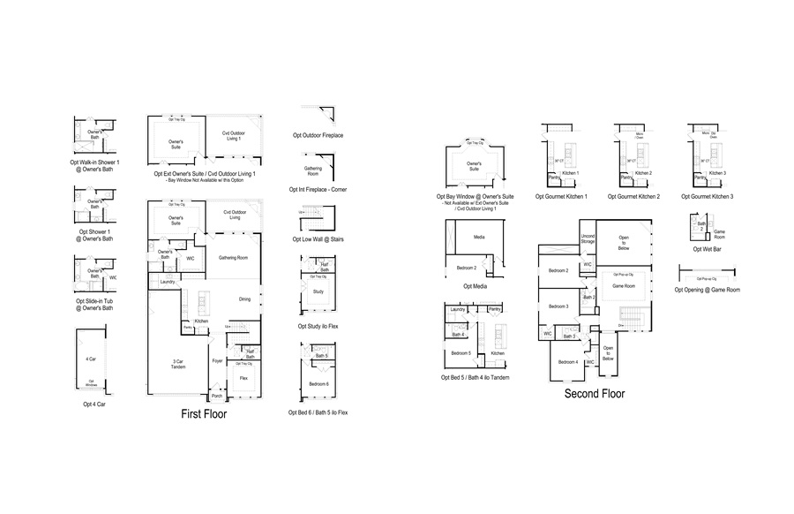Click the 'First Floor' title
pos(204,412)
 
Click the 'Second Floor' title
pos(594,393)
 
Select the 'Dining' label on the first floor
pos(244,299)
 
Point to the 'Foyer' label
pos(217,360)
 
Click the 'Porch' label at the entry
pos(217,396)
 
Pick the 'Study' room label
pos(318,290)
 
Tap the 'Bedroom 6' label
pos(318,383)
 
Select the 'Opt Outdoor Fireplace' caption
pos(318,135)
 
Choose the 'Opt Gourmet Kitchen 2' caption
pos(633,196)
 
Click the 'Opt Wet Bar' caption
pos(704,249)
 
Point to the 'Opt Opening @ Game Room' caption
pos(707,290)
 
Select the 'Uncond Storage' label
pos(588,238)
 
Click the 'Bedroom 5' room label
pos(462,352)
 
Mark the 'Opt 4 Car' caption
pos(94,404)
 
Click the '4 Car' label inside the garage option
pos(91,359)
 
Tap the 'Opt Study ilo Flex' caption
pos(318,326)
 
